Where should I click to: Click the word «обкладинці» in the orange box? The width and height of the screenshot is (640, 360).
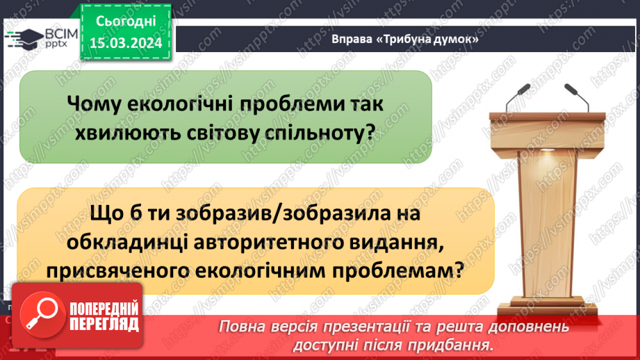124,243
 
